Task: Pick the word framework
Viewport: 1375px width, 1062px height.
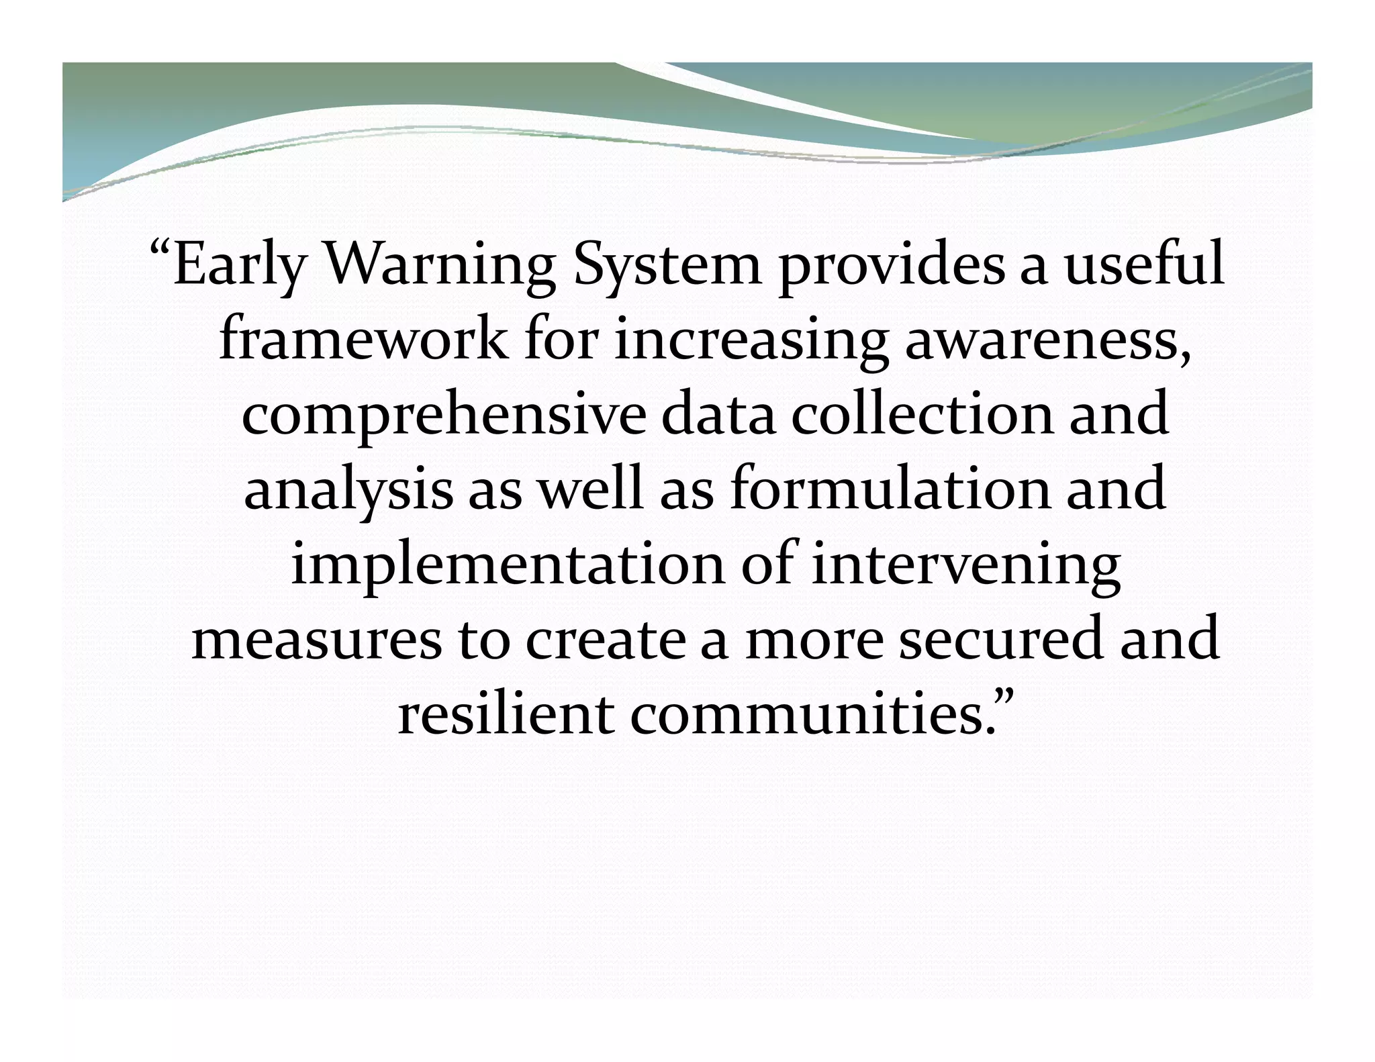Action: coord(363,340)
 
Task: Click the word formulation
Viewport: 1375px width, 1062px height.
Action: coord(890,489)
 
